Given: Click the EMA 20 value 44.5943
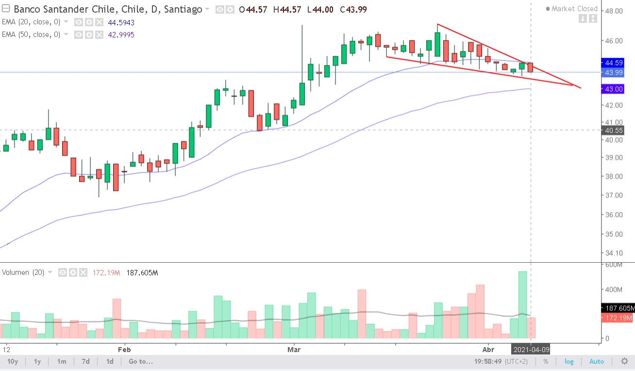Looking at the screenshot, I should coord(121,22).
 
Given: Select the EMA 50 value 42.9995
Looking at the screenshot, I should coord(121,34).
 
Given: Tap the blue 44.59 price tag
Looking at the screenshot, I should coord(613,63).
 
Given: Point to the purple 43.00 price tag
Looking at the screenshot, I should coord(613,89).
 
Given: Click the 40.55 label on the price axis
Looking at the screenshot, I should coord(613,130).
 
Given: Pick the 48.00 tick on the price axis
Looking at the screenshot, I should coord(613,11).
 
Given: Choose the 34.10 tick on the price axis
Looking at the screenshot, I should coord(613,253).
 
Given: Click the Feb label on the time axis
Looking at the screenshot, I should coord(125,349).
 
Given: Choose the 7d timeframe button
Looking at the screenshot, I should coord(85,361).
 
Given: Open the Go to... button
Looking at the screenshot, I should coord(141,361).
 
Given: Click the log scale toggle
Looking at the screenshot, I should coord(568,361).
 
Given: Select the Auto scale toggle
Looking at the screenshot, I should coord(597,361).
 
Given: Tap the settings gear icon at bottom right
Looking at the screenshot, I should coord(624,361).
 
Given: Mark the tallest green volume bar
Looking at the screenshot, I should coord(523,304).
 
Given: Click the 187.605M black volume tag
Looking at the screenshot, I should coord(618,308).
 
